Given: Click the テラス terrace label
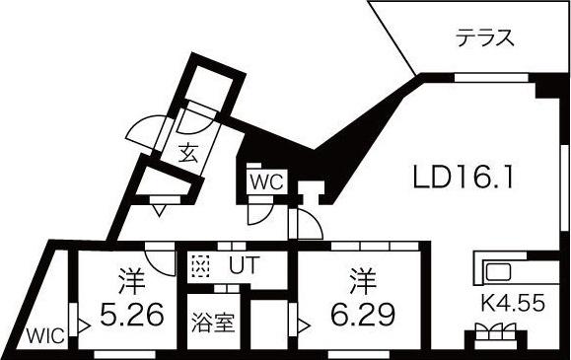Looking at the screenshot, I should pyautogui.click(x=484, y=39).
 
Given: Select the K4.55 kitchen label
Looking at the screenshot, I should pyautogui.click(x=512, y=304).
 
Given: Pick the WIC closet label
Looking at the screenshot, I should pyautogui.click(x=45, y=335).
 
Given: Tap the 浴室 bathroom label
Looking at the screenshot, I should pyautogui.click(x=212, y=324).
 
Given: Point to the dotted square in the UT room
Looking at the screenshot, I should pyautogui.click(x=201, y=266).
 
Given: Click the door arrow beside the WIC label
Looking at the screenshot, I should pyautogui.click(x=85, y=324).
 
